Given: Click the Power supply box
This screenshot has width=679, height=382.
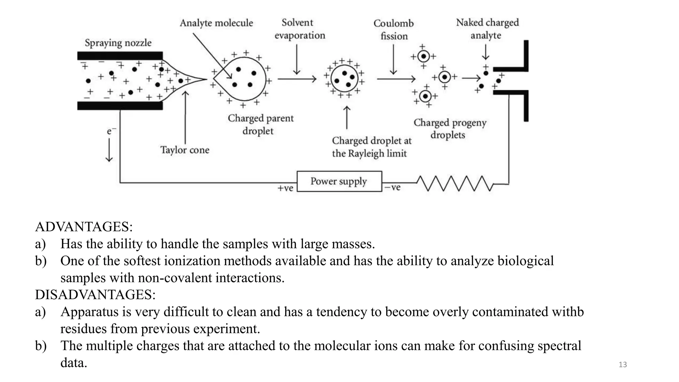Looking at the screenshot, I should [x=339, y=181].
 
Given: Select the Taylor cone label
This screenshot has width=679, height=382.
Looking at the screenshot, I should [x=185, y=150].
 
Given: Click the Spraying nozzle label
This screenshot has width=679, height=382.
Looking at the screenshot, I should [x=118, y=43].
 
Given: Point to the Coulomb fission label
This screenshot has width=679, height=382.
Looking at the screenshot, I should [x=394, y=30].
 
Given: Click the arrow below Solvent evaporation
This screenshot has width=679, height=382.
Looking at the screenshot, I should [x=297, y=60].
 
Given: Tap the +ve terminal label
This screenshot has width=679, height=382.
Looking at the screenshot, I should [x=285, y=188].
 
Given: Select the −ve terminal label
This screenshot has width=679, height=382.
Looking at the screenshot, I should [x=393, y=188].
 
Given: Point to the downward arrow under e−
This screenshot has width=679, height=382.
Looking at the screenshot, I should [x=109, y=150].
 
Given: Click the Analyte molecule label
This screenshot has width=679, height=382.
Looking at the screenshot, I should [x=216, y=23].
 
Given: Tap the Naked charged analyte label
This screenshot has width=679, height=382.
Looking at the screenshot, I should [x=487, y=29].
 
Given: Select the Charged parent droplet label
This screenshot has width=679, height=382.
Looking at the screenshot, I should [x=260, y=124].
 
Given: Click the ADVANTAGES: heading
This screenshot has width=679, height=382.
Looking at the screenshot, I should [x=84, y=227].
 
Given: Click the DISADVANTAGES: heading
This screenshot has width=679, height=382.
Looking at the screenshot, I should [x=95, y=294].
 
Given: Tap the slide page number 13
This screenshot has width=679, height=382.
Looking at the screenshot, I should [x=623, y=365].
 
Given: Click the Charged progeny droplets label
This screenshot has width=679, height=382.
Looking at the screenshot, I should [x=450, y=129].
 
